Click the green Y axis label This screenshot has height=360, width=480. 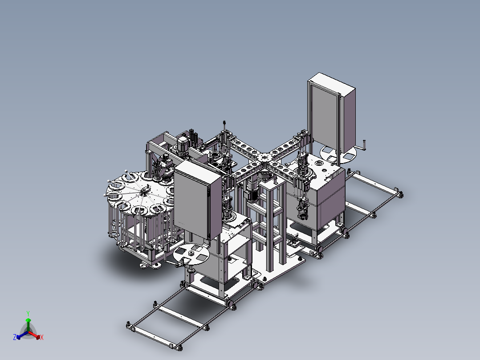pos(28,313)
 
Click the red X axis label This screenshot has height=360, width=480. pos(42,337)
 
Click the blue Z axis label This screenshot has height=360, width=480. pos(15,337)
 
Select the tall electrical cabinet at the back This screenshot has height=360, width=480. pos(332,114)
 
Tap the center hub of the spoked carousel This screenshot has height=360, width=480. pos(144,192)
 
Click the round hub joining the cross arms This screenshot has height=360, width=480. pos(263,158)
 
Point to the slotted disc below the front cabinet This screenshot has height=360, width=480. pos(191,254)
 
